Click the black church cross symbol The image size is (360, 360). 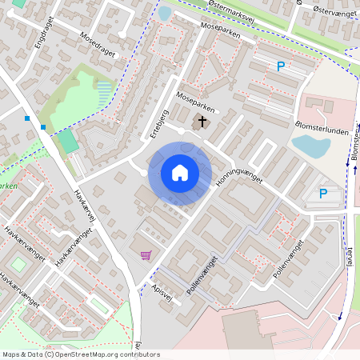(x=202, y=122)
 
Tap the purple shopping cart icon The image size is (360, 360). (x=146, y=255)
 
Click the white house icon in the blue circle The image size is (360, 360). (x=179, y=173)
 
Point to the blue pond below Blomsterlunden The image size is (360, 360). (x=310, y=146)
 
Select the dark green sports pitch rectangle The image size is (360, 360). (x=68, y=141)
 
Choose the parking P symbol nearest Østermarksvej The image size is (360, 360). (x=280, y=67)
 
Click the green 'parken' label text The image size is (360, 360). (x=9, y=186)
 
